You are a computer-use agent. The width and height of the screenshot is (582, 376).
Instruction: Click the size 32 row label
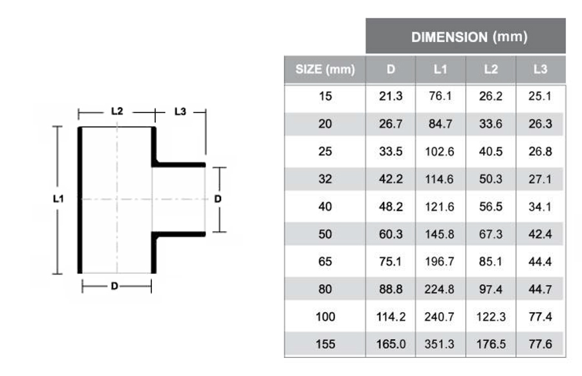click(325, 180)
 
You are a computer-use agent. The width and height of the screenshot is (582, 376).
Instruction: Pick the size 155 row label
click(325, 344)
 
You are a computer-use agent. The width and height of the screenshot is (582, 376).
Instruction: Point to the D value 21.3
click(391, 97)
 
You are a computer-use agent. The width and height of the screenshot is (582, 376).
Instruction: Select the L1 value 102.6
click(440, 152)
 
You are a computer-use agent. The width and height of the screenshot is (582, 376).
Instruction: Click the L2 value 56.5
click(490, 207)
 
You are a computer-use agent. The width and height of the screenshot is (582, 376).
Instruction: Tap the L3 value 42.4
click(540, 235)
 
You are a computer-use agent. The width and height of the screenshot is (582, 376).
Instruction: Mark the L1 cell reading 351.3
click(440, 344)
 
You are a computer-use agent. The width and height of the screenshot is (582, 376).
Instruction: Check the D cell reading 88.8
click(391, 289)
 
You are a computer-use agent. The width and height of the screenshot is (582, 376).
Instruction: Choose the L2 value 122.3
click(490, 317)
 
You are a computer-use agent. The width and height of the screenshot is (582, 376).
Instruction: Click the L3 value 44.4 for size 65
click(540, 262)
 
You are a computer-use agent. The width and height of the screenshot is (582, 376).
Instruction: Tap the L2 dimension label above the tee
click(117, 112)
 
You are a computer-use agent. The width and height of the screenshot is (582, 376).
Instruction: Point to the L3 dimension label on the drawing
click(180, 112)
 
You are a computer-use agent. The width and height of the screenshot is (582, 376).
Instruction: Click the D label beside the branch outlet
click(218, 199)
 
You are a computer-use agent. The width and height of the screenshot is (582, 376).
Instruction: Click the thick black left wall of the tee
click(81, 200)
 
